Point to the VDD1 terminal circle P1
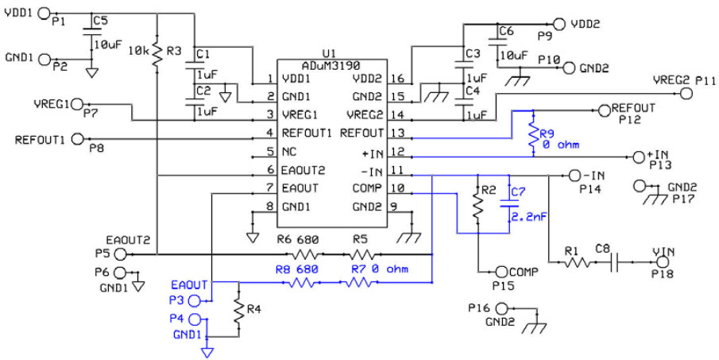(x=44, y=14)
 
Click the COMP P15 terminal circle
(x=501, y=272)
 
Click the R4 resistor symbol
(x=238, y=312)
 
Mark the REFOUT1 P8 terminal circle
(x=77, y=139)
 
